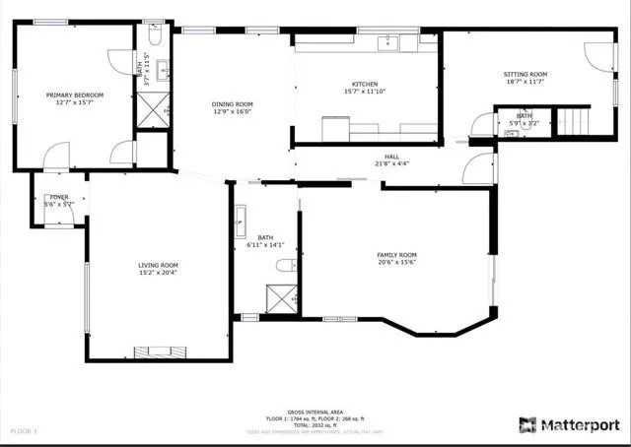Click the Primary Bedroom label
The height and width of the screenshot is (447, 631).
tap(74, 95)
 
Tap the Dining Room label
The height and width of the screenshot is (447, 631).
tap(233, 103)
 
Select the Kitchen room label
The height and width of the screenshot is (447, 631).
tap(365, 85)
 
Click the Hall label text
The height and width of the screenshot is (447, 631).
tap(391, 157)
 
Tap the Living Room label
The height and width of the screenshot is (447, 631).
tap(158, 265)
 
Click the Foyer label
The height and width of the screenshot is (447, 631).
tap(59, 198)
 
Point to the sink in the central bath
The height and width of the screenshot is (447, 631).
tap(240, 223)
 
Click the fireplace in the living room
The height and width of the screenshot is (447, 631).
tap(159, 351)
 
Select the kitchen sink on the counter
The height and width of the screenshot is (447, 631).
tap(390, 41)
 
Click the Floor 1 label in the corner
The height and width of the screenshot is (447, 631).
tap(23, 431)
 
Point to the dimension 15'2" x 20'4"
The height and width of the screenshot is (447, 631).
tap(158, 272)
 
